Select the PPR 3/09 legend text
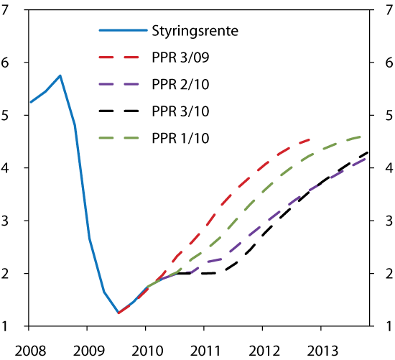point(174,57)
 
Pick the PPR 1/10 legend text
point(174,137)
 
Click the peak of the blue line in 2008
point(60,75)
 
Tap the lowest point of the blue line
point(118,313)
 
